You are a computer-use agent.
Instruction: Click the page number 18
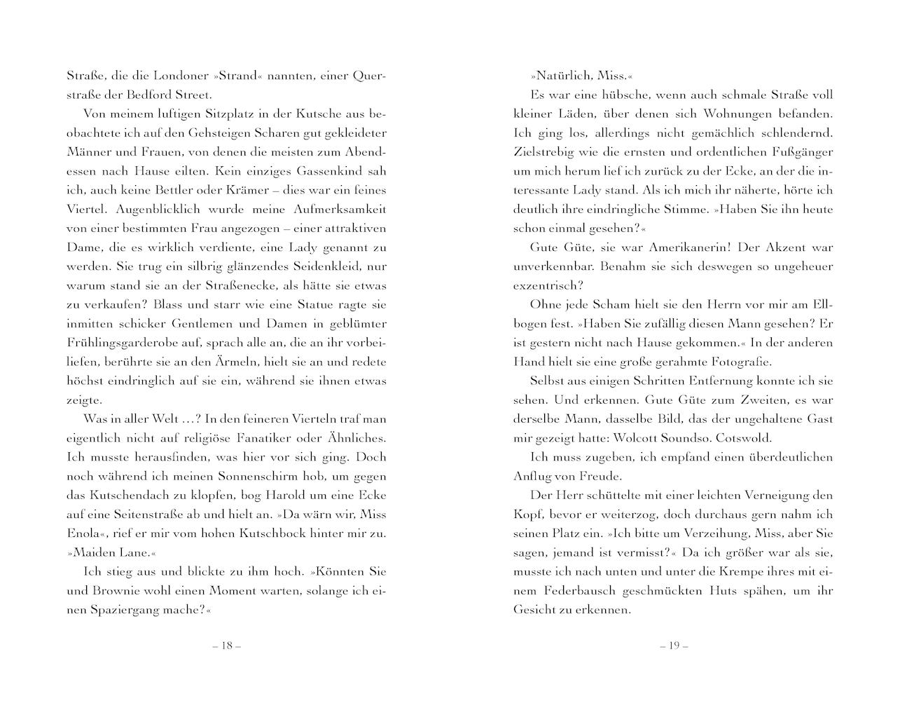point(226,646)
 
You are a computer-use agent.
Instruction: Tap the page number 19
point(674,646)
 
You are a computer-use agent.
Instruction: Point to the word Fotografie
point(735,362)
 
